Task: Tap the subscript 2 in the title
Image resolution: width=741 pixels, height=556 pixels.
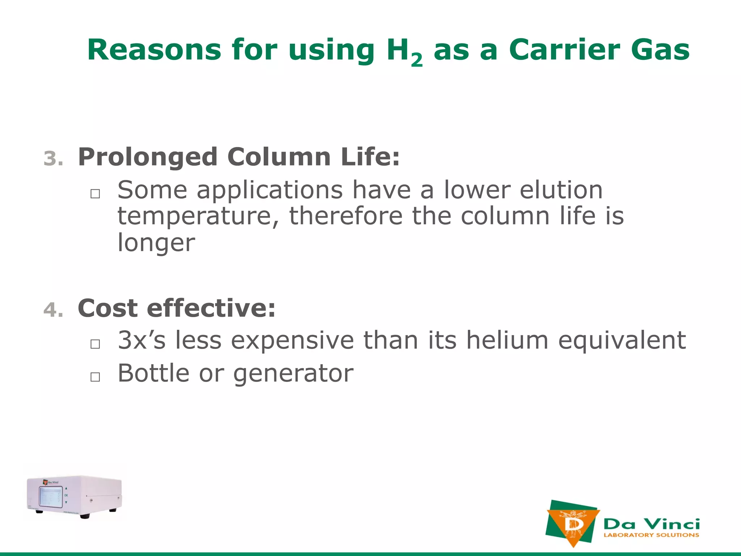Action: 416,60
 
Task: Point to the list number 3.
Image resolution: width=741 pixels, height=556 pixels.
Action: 53,159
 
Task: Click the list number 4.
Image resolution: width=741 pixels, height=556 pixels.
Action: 53,310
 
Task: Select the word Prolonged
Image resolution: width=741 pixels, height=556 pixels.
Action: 148,157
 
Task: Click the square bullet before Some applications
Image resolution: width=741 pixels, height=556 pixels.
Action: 95,194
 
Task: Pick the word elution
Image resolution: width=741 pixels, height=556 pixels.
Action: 561,190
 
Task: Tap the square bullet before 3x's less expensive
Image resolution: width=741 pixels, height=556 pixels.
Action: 95,344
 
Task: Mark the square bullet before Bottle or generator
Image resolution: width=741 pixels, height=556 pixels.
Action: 95,377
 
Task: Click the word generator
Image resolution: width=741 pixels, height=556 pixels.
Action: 293,374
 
